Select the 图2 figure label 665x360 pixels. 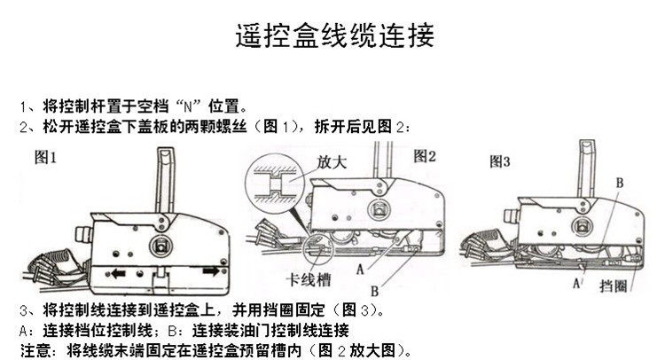pyautogui.click(x=426, y=156)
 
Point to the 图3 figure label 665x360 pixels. pyautogui.click(x=500, y=161)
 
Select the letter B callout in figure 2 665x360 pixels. pyautogui.click(x=375, y=289)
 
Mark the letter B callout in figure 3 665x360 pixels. pyautogui.click(x=621, y=182)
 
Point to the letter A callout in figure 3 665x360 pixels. pyautogui.click(x=577, y=284)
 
